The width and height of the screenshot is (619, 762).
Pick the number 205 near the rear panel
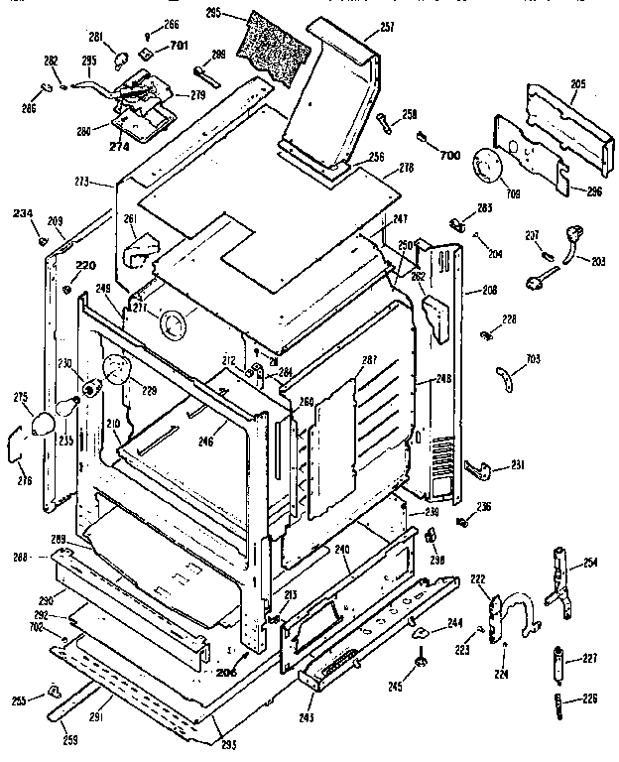pos(578,83)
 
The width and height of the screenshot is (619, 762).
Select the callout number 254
pos(590,564)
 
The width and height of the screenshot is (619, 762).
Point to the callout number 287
pos(371,359)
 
